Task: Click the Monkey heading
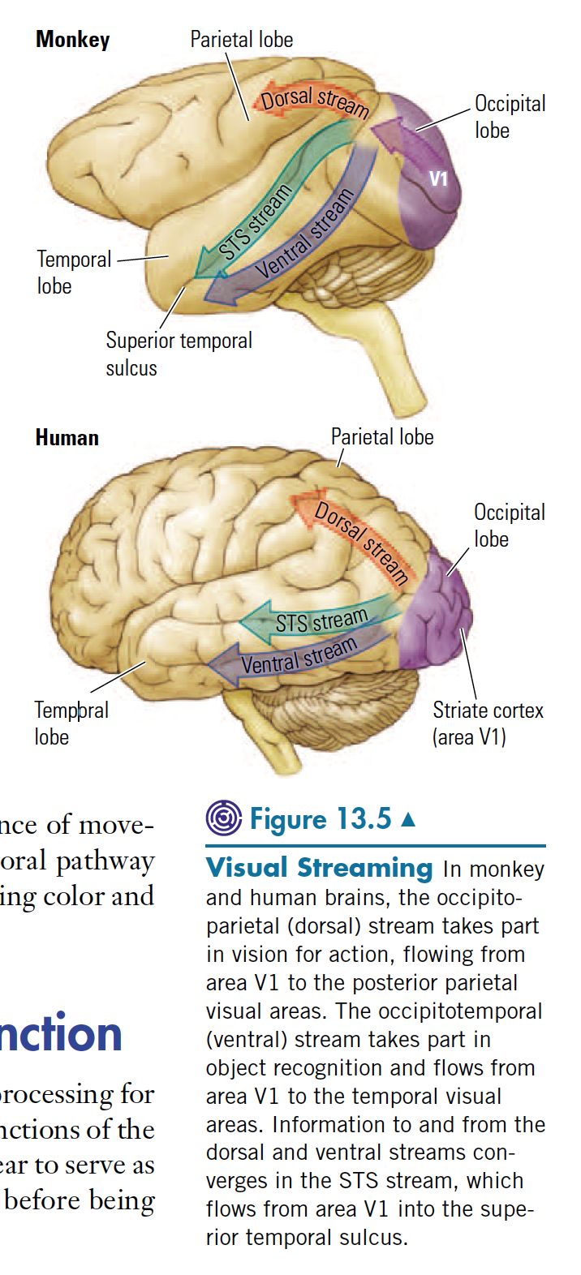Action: tap(72, 40)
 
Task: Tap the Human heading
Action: tap(67, 438)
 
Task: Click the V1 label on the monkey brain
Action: tap(438, 179)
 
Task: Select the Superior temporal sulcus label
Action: tap(179, 354)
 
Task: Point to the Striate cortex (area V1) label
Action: tap(487, 723)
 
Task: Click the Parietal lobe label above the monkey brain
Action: tap(241, 40)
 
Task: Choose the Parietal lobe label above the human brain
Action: tap(381, 437)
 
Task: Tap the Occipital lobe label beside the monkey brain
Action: tap(510, 117)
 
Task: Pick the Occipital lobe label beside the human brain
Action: tap(509, 526)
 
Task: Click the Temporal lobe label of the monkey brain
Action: tap(73, 273)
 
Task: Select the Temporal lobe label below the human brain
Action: tap(71, 723)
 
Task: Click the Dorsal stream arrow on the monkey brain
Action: tap(313, 101)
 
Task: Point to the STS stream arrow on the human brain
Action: tap(321, 620)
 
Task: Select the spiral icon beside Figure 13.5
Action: tap(223, 818)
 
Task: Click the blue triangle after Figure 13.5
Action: tap(408, 819)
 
